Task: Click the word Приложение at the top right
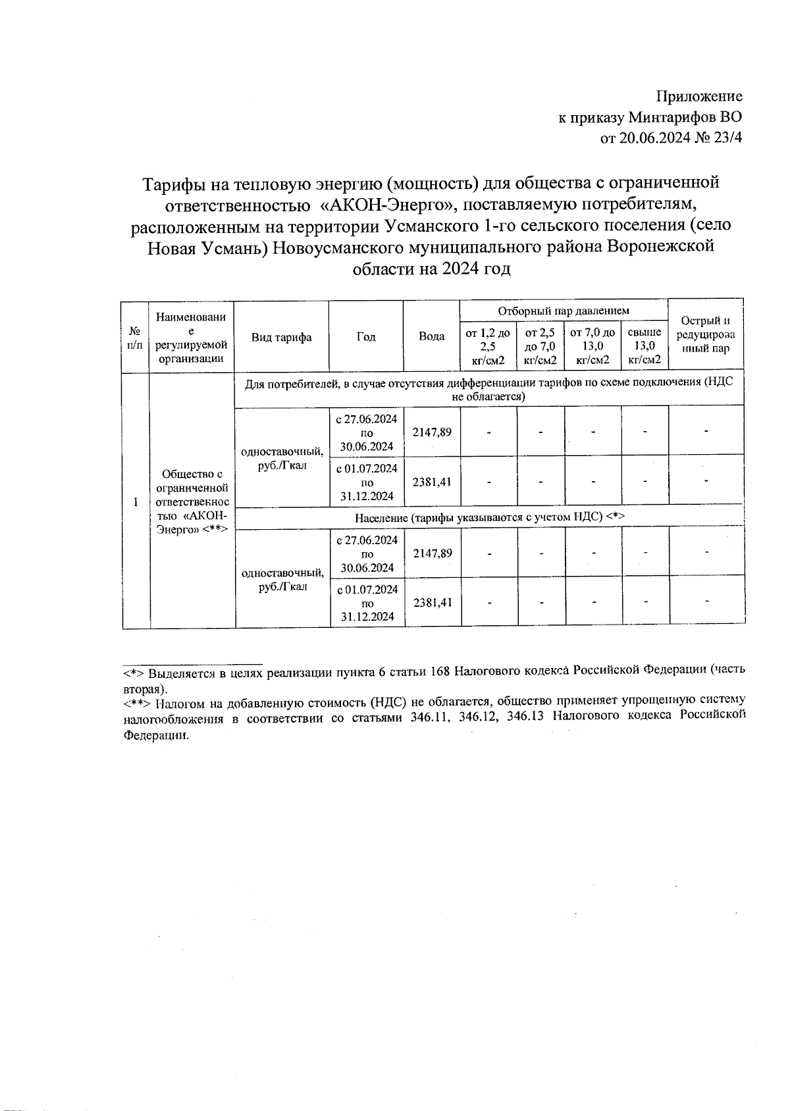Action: coord(699,97)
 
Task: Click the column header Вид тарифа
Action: coord(282,337)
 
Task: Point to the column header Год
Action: coord(366,337)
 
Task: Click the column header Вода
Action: coord(432,336)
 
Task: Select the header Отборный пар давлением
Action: coord(564,311)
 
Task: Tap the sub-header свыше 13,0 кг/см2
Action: coord(645,346)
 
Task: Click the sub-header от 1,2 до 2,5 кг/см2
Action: coord(488,346)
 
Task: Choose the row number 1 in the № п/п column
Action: coord(136,502)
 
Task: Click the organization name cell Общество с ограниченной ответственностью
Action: coord(192,501)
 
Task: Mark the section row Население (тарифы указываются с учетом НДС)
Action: coord(489,517)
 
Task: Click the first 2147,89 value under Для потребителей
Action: coord(432,432)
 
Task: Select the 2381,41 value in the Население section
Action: coord(432,602)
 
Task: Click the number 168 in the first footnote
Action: coord(440,672)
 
